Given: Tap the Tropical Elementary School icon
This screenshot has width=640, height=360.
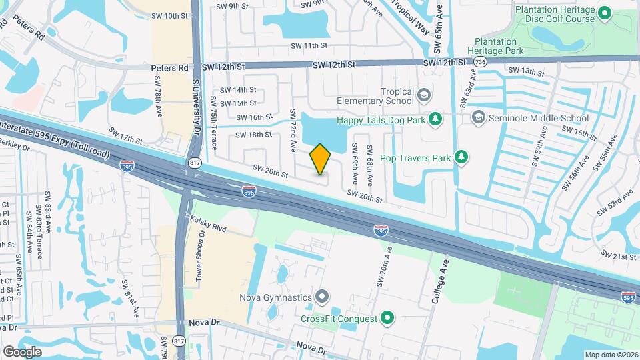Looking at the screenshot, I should [423, 95].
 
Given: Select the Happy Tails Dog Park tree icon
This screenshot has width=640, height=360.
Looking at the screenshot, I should [435, 119].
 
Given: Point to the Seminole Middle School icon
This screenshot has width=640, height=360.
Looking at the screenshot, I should [477, 118].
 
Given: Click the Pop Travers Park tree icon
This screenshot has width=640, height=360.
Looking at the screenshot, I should [461, 157].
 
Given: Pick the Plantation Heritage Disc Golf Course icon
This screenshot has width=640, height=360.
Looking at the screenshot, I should [605, 13].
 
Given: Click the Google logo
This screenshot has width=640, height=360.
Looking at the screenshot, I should [23, 351].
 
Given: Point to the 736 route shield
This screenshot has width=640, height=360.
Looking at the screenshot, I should [480, 62].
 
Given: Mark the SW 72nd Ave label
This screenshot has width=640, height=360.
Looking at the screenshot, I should [293, 130].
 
